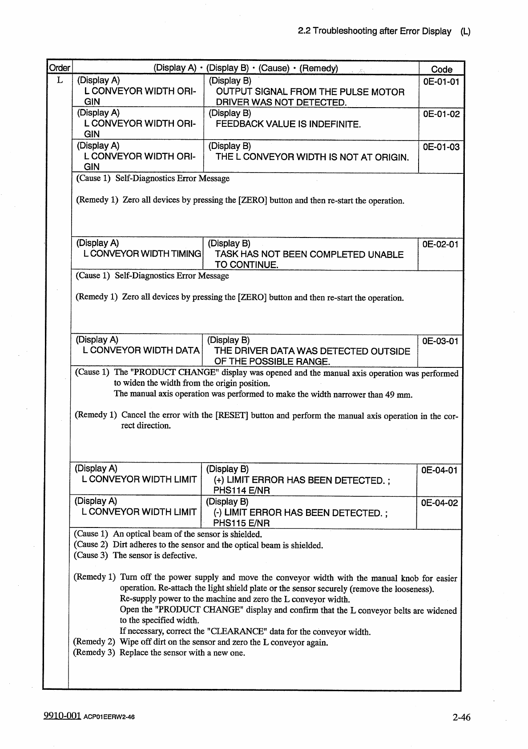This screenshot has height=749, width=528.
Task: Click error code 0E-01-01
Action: tap(441, 82)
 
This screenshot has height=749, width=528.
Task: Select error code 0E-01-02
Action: tap(441, 114)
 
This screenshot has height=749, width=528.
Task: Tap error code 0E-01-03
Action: tap(441, 147)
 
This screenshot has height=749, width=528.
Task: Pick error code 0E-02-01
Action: tap(440, 245)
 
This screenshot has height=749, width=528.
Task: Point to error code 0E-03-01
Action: tap(440, 342)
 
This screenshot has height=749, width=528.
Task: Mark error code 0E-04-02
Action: tap(439, 503)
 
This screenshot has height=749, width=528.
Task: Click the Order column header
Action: tap(59, 68)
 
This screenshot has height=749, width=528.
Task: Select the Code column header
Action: tap(441, 69)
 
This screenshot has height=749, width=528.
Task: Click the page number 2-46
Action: tap(461, 717)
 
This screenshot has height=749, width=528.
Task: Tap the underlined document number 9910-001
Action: tap(62, 715)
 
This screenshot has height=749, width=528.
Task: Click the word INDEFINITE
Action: tap(334, 124)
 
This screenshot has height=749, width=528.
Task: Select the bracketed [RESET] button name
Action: tap(232, 416)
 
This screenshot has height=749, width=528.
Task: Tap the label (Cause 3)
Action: tap(91, 555)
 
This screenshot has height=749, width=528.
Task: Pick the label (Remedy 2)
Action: tap(94, 642)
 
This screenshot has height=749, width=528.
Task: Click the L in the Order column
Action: tap(59, 81)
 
